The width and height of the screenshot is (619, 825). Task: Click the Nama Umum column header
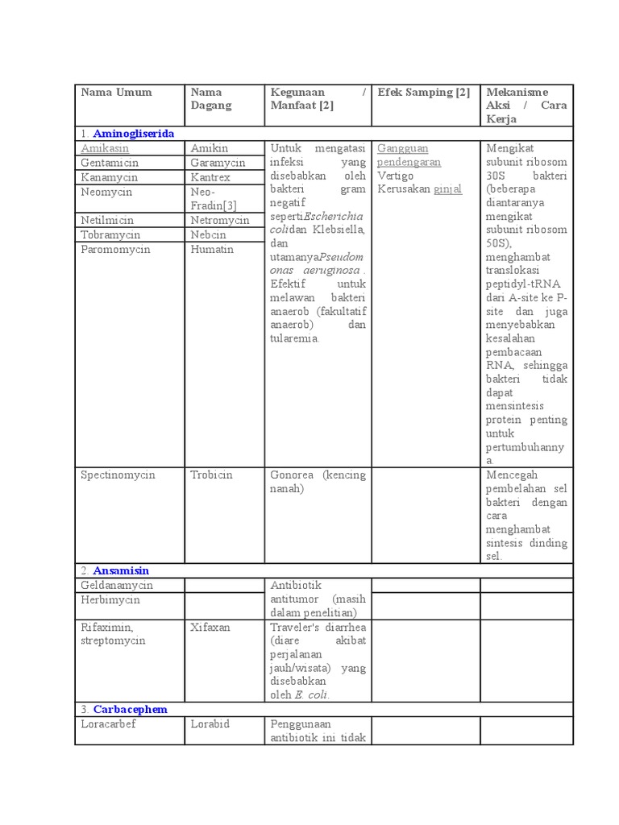(x=116, y=92)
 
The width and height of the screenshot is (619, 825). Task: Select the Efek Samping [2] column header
(x=423, y=92)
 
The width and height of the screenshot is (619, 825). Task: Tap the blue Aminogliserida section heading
(x=133, y=133)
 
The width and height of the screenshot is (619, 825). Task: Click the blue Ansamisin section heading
(x=121, y=570)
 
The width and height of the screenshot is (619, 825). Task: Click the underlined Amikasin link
(x=105, y=148)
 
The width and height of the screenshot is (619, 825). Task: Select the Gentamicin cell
(x=110, y=163)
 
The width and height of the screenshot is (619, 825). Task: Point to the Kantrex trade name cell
(x=210, y=177)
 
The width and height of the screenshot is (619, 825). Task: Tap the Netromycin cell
(x=220, y=220)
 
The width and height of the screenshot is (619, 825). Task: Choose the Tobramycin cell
(x=110, y=234)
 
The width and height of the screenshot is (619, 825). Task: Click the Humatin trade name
(x=212, y=249)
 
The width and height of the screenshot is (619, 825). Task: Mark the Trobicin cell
(x=211, y=475)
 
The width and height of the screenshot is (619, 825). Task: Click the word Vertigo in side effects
(x=396, y=176)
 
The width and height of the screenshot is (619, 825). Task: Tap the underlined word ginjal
(x=448, y=189)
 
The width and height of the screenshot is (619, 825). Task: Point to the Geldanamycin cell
(x=117, y=585)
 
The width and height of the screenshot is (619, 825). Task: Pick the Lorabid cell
(x=210, y=723)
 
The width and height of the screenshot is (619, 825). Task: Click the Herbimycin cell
(x=110, y=599)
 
